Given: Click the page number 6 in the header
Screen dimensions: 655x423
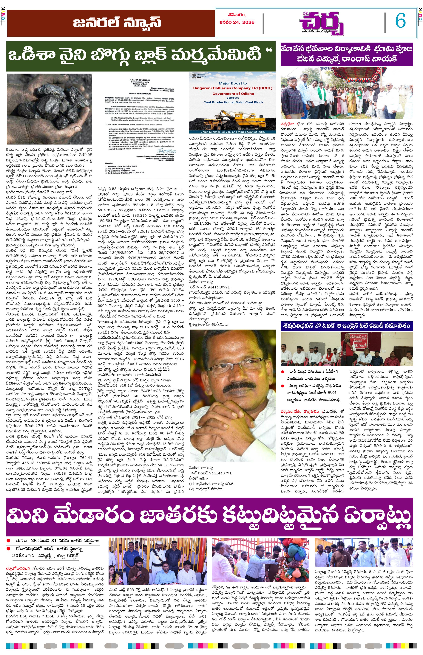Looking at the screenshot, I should point(400,21).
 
